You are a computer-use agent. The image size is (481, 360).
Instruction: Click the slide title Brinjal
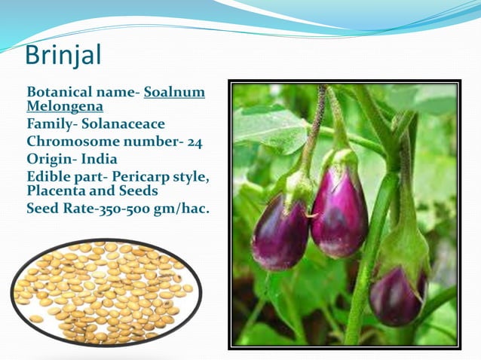coord(63,55)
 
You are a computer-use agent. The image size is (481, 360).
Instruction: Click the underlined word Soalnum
coord(174,93)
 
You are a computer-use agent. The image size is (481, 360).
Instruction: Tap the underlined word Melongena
coord(65,107)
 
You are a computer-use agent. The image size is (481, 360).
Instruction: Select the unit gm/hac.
coord(182,209)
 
